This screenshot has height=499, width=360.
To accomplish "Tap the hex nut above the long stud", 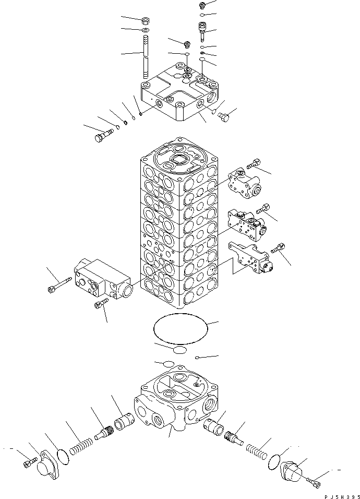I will click(x=146, y=20).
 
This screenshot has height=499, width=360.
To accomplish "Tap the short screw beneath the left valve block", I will click(x=101, y=303).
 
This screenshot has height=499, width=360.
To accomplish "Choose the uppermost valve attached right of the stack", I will click(x=245, y=184).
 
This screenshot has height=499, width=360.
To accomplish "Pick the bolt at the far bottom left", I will click(x=30, y=461).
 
